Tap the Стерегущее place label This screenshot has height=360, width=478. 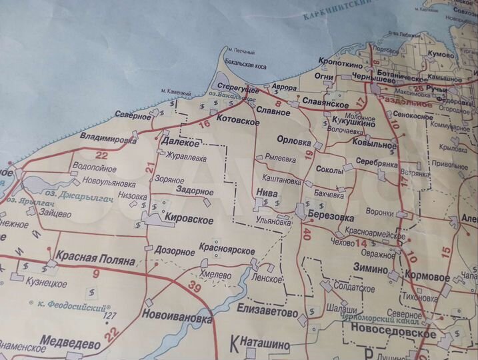tap(237, 88)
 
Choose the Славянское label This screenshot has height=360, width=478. tap(326, 104)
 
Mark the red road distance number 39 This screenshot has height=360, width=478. tap(194, 287)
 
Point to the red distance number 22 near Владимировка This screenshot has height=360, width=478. tap(101, 155)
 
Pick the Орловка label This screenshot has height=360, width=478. tap(293, 142)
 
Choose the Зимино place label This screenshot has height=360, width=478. tap(371, 269)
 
